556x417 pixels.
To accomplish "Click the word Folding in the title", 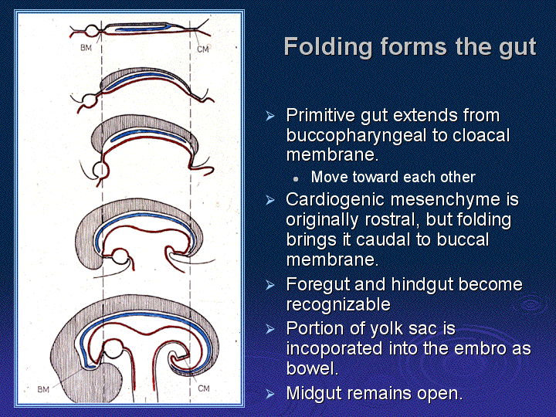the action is click(328, 47).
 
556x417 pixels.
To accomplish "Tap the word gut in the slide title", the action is click(517, 48).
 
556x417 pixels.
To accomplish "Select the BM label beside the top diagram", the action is click(86, 48).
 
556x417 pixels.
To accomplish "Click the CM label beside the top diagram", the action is click(203, 49).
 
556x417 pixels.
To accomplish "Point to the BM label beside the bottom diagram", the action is click(43, 390).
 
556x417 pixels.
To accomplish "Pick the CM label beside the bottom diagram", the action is click(204, 388).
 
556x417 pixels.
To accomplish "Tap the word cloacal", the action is click(481, 135).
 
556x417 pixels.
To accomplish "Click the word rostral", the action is click(392, 220).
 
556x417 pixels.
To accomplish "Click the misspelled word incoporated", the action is click(334, 348).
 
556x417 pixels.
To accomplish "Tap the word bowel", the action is click(312, 368).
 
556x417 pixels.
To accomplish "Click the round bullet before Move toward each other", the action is click(296, 179).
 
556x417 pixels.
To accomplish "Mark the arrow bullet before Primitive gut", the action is click(270, 116).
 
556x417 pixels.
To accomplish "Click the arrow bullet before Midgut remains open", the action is click(270, 394).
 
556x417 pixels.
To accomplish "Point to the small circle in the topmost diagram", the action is click(92, 31).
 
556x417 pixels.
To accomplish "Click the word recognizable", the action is click(338, 304).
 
